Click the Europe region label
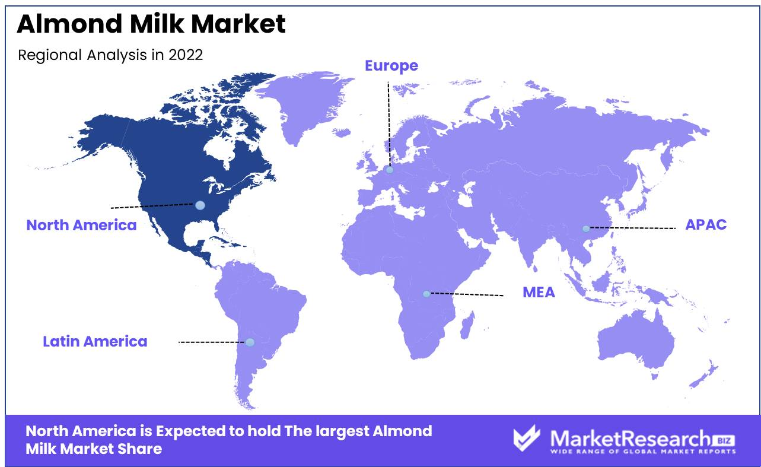pos(391,66)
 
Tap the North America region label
pos(81,225)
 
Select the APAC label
pos(706,225)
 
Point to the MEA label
pos(539,293)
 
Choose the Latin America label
pos(95,342)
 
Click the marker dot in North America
pos(200,205)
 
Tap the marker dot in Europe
pos(390,170)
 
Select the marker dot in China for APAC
pos(585,228)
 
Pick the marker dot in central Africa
pos(426,294)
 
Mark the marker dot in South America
pos(250,342)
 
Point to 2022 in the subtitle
pos(186,55)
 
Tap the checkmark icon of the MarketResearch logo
pos(526,439)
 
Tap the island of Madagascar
pos(467,326)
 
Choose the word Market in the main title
pos(238,24)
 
